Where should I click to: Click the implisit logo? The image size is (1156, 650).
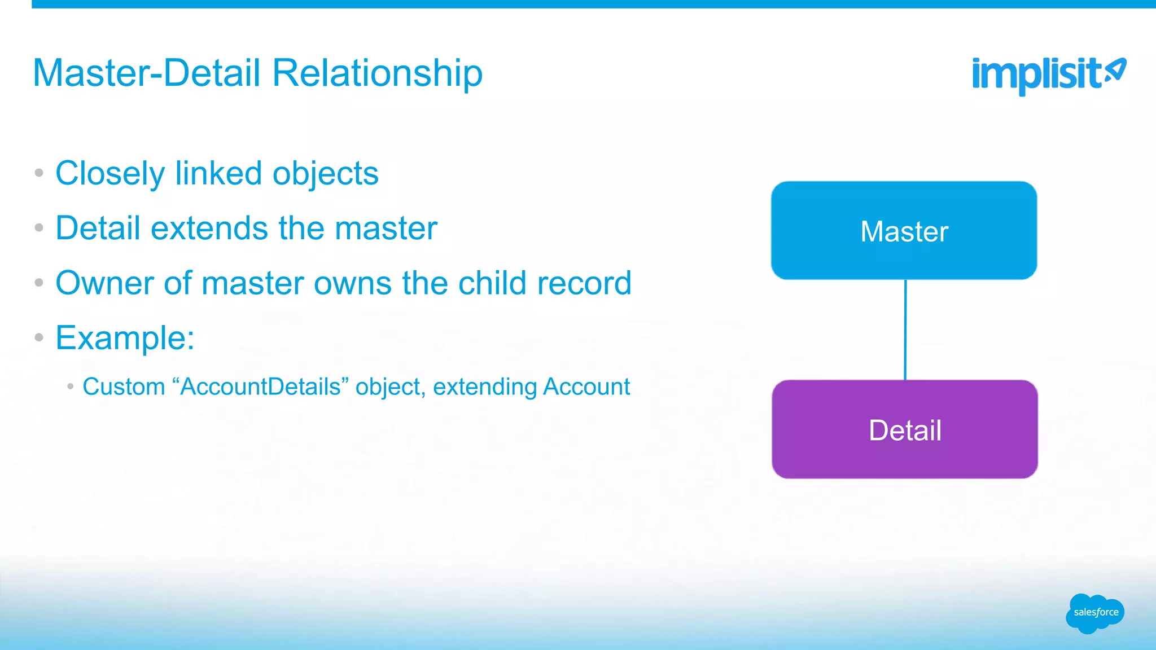coord(1036,75)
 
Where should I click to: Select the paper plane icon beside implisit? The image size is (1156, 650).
coord(1115,71)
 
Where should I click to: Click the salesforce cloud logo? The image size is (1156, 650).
coord(1095,613)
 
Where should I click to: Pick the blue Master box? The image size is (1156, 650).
coord(904,230)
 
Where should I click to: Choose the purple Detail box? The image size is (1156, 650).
coord(904,429)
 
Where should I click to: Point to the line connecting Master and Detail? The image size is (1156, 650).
coord(905,330)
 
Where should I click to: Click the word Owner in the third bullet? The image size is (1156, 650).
coord(104,283)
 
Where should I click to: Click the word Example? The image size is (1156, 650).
coord(125,338)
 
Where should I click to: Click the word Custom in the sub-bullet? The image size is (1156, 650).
coord(124,387)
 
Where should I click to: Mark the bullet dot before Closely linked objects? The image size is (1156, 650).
coord(39,173)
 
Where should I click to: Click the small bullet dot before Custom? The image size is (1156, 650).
coord(71,387)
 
